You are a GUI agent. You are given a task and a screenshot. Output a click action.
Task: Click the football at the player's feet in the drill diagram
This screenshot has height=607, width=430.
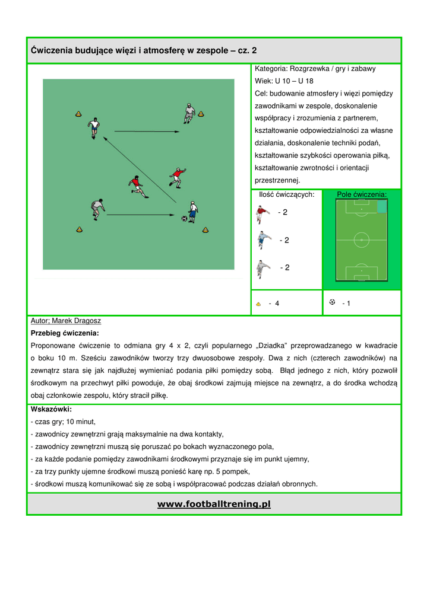tap(184, 219)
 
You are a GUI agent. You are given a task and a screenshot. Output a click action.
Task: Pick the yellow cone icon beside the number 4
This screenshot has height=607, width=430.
tap(258, 304)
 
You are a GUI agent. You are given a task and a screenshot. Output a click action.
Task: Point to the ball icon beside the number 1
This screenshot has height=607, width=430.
tap(332, 302)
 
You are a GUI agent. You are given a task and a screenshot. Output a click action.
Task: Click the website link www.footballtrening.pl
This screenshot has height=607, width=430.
tap(214, 504)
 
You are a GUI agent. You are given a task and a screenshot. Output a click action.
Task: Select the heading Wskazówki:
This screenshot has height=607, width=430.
tap(51, 409)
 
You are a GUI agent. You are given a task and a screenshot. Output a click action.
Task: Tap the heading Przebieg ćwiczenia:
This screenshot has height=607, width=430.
tap(65, 333)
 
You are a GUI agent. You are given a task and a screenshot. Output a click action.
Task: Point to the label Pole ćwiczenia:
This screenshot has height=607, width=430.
tap(361, 194)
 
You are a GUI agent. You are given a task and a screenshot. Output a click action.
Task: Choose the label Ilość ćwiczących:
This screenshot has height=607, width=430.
tap(286, 194)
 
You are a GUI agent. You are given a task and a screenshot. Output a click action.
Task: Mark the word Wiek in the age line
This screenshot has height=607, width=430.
tap(262, 81)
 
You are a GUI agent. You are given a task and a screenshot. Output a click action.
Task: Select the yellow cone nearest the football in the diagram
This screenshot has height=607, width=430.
tap(206, 229)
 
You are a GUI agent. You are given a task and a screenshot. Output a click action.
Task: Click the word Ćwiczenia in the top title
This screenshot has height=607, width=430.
tap(52, 50)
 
